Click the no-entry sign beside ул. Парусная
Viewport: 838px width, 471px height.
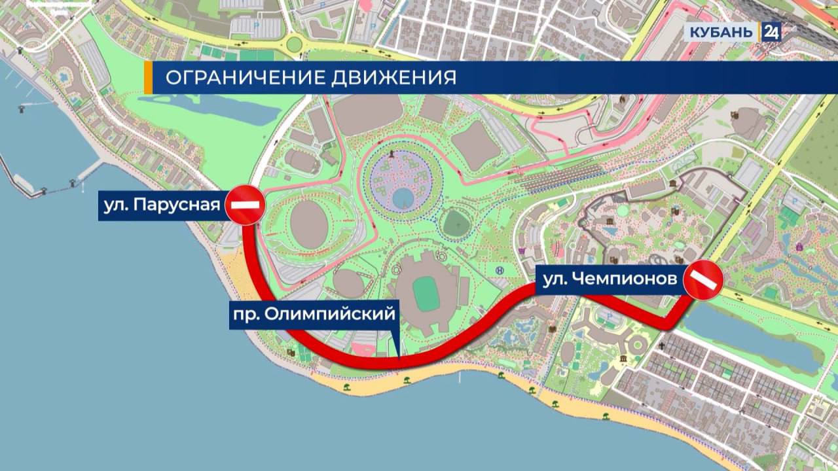245,205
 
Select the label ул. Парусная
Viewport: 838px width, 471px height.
161,205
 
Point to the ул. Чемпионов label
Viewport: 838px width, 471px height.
610,280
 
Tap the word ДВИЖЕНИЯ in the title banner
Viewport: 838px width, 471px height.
402,78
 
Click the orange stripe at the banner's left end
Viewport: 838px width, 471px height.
148,78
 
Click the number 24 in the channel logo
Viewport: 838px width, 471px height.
771,32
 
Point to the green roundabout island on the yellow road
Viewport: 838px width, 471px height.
295,44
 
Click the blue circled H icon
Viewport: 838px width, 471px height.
500,271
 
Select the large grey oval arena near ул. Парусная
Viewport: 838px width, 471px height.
308,224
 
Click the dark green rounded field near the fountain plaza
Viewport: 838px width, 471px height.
457,224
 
